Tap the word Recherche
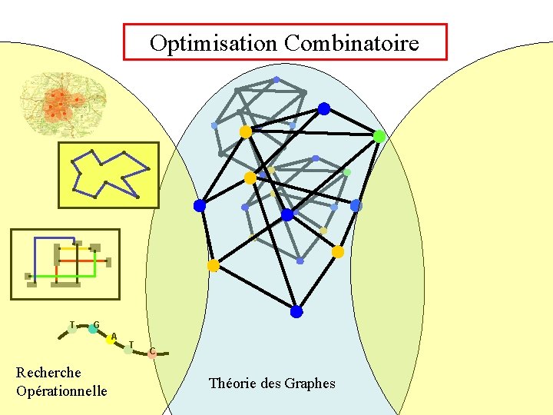48,373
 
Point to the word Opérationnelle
61,391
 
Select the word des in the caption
270,383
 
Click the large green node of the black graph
379,136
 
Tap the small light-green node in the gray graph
347,172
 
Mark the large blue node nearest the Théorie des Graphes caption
296,311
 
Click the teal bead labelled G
93,329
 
